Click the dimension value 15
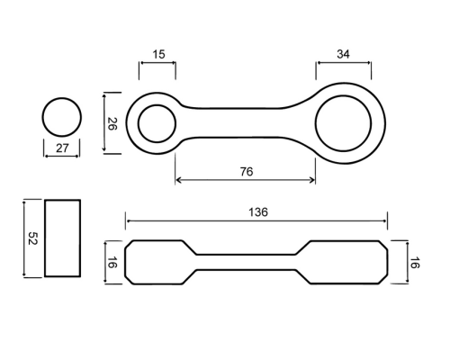pyautogui.click(x=158, y=54)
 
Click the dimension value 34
pyautogui.click(x=343, y=54)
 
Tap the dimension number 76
pyautogui.click(x=247, y=172)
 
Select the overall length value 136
pyautogui.click(x=258, y=212)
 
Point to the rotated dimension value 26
pyautogui.click(x=112, y=123)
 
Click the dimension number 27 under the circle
pyautogui.click(x=62, y=148)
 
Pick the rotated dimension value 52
pyautogui.click(x=32, y=238)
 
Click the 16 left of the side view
pyautogui.click(x=112, y=263)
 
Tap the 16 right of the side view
pyautogui.click(x=415, y=263)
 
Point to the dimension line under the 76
pyautogui.click(x=245, y=180)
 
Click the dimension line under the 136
pyautogui.click(x=256, y=221)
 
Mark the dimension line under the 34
pyautogui.click(x=344, y=63)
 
